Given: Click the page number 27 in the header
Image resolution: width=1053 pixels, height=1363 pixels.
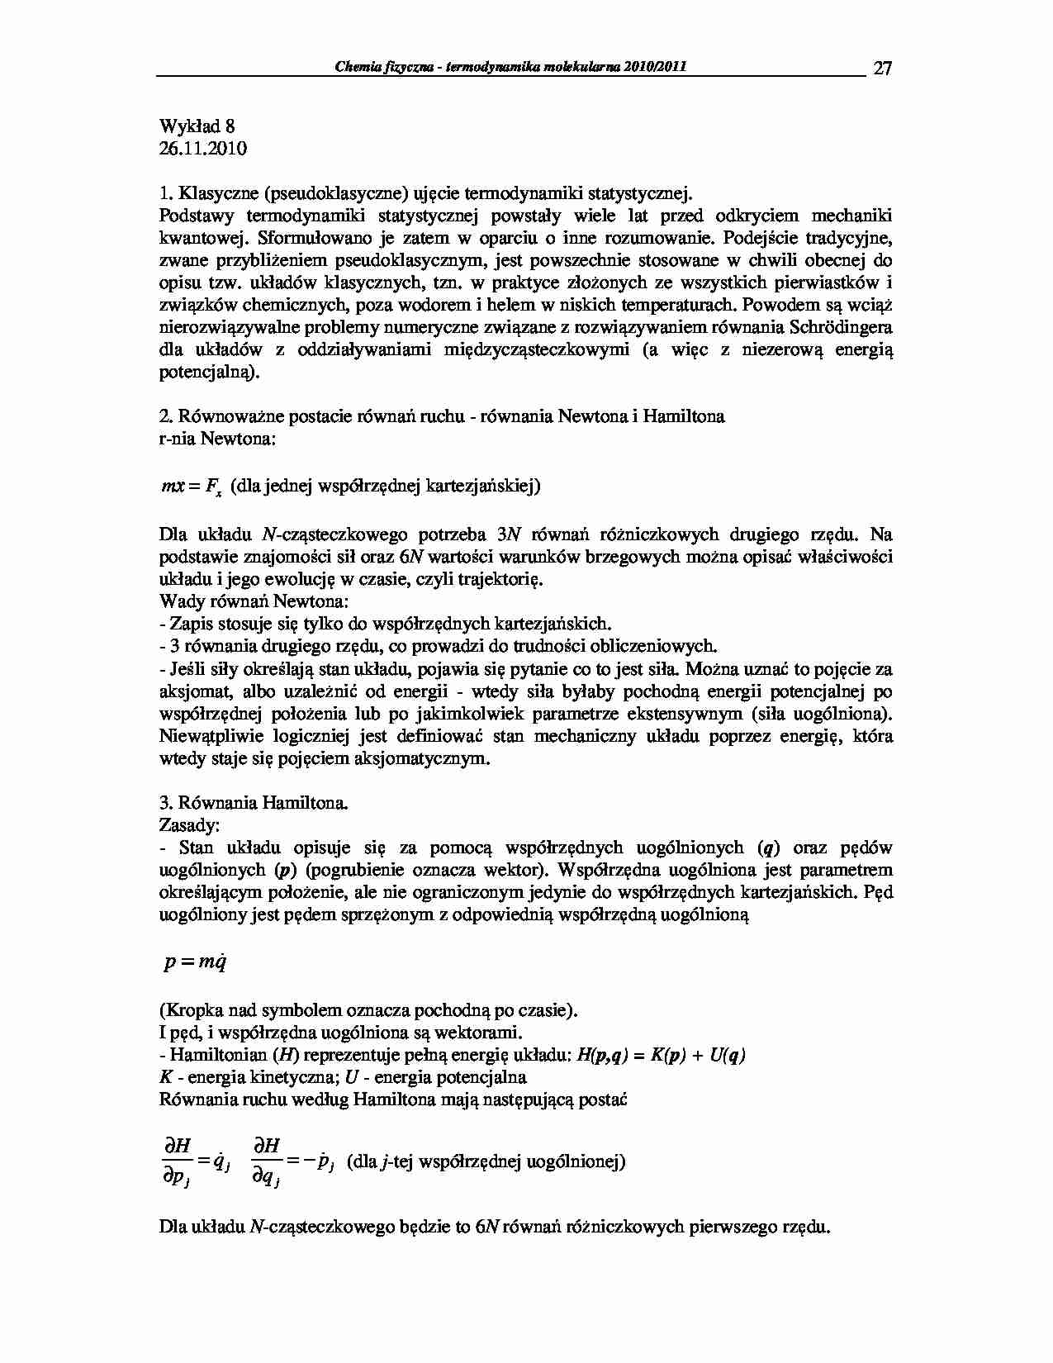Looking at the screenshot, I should [x=882, y=69].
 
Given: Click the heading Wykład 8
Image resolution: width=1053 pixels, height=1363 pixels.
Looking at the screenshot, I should [x=197, y=126].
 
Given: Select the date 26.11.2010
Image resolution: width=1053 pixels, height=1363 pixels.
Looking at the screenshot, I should [x=202, y=149].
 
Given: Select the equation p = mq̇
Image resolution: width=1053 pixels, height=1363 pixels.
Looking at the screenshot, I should [x=195, y=962].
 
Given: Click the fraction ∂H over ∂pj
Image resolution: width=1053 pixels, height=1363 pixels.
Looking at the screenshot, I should [x=177, y=1161].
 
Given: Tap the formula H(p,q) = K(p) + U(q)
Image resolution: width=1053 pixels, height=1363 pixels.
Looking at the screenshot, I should [x=658, y=1056].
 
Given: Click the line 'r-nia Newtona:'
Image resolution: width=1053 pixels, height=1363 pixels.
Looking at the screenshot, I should [x=216, y=439].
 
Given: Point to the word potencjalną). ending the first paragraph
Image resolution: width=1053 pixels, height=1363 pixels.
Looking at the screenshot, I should [x=209, y=372].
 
